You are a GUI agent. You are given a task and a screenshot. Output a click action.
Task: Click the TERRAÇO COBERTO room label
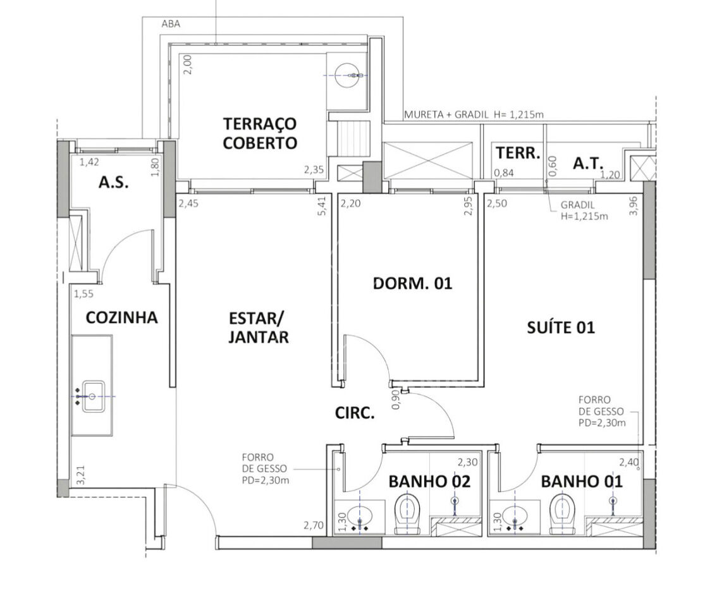pos(259,133)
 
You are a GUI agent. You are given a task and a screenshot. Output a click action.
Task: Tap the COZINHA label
pos(122,317)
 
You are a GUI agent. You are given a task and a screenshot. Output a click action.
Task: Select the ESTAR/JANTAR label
pos(259,328)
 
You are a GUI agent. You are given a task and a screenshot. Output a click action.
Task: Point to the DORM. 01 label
pos(412,283)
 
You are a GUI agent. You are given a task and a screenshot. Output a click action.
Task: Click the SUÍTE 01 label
pos(561,328)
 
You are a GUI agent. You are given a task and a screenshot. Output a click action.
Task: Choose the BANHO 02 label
pos(429,481)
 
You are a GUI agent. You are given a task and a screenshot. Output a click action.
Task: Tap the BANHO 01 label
pos(582,481)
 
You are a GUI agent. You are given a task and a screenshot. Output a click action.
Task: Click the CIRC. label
pos(355,413)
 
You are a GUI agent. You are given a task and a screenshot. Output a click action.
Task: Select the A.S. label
pos(114,182)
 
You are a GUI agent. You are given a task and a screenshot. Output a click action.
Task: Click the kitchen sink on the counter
pos(93,396)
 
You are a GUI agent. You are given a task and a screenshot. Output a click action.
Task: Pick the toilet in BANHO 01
pos(562,514)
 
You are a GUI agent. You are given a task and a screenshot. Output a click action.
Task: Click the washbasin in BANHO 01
pos(515,515)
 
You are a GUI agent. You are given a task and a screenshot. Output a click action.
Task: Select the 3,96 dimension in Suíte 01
pos(633,206)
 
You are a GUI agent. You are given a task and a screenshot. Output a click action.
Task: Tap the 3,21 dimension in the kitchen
pos(81,475)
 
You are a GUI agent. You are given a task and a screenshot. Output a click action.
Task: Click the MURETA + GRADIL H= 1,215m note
pos(474,114)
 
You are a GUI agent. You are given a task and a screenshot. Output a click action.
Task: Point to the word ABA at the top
pos(171,24)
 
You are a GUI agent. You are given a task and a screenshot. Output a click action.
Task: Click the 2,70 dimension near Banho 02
pos(313,525)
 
